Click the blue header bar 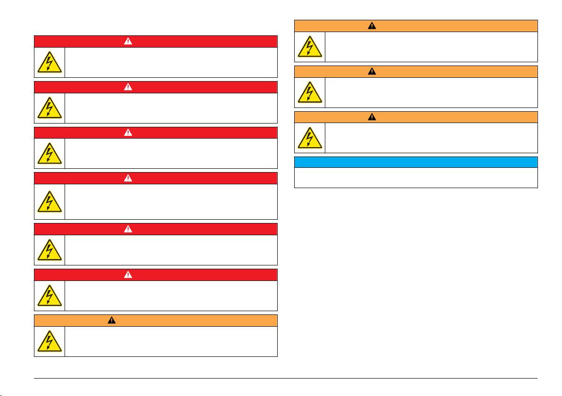pyautogui.click(x=416, y=162)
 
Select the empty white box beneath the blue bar pyautogui.click(x=416, y=178)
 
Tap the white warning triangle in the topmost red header pyautogui.click(x=128, y=41)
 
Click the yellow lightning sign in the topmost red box pyautogui.click(x=50, y=63)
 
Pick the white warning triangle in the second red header pyautogui.click(x=128, y=87)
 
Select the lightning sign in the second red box pyautogui.click(x=50, y=108)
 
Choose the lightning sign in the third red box pyautogui.click(x=50, y=154)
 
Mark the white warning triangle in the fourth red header pyautogui.click(x=128, y=178)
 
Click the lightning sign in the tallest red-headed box pyautogui.click(x=50, y=202)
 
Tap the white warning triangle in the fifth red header pyautogui.click(x=128, y=229)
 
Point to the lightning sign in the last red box pyautogui.click(x=50, y=296)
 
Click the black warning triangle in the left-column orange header pyautogui.click(x=112, y=321)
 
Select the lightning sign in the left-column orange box pyautogui.click(x=50, y=341)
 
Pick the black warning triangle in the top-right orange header pyautogui.click(x=372, y=26)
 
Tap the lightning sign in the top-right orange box pyautogui.click(x=310, y=47)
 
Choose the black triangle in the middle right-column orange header pyautogui.click(x=372, y=72)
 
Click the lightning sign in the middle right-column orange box pyautogui.click(x=310, y=92)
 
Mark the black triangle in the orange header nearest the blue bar pyautogui.click(x=372, y=117)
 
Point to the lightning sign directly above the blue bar pyautogui.click(x=310, y=138)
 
